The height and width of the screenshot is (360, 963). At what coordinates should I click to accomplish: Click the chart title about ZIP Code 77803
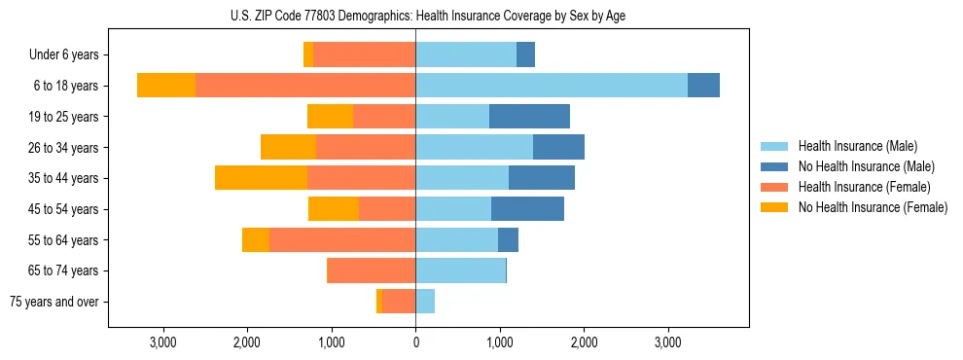pos(428,15)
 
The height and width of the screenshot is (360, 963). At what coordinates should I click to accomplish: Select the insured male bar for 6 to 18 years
pos(552,86)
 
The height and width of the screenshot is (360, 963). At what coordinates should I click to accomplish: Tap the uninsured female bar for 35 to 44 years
pos(261,178)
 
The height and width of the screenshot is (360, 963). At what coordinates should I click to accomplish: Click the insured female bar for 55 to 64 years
pos(342,239)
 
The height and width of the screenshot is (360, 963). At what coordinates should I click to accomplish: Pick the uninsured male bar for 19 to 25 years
pos(529,117)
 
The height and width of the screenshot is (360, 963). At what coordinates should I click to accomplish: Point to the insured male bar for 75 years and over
pos(425,302)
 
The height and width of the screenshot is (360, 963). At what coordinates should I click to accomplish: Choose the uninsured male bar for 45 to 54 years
pos(527,209)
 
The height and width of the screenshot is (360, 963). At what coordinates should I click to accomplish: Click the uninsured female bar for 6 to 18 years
pos(166,86)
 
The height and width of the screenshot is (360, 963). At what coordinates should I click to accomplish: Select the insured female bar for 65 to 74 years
pos(372,270)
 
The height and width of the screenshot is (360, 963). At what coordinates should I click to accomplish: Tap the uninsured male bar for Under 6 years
pos(525,54)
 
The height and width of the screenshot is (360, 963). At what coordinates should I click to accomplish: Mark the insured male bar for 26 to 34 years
pos(474,147)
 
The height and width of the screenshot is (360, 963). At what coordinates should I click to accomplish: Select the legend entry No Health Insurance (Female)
pos(873,207)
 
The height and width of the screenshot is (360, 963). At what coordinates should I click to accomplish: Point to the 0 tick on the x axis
pos(415,342)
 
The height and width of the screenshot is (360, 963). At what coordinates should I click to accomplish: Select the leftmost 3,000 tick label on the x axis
pos(162,342)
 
